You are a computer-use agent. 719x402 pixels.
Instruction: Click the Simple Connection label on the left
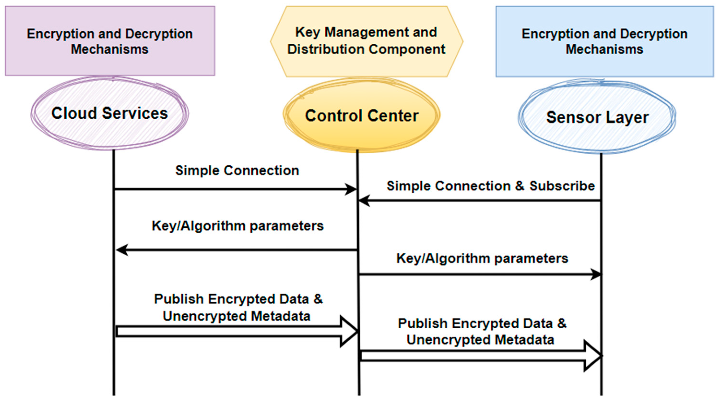(237, 170)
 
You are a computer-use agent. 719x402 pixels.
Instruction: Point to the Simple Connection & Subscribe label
(491, 186)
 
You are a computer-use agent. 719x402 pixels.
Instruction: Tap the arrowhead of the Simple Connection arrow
(351, 189)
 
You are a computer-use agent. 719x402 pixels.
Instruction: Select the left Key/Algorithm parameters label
(237, 226)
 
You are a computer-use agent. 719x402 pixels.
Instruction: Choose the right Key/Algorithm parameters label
(482, 258)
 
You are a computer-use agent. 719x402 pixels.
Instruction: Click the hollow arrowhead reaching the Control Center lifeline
(349, 332)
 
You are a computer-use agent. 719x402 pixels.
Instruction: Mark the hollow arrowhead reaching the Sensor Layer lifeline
(593, 356)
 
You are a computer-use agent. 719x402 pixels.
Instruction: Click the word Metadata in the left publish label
(281, 316)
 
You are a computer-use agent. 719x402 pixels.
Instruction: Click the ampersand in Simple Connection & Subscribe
(520, 186)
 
